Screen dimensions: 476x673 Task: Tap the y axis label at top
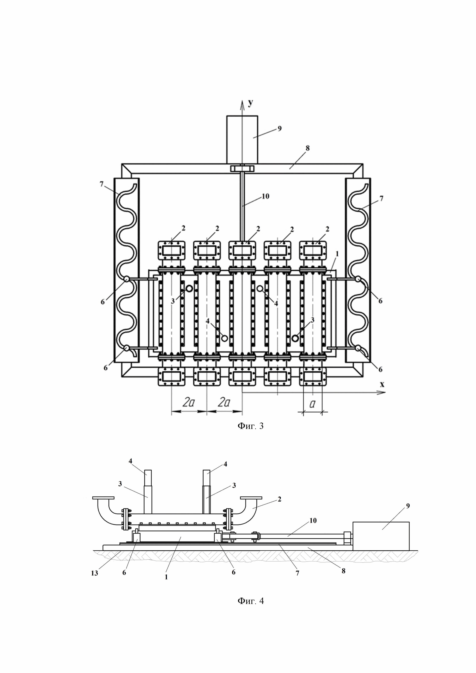pyautogui.click(x=251, y=103)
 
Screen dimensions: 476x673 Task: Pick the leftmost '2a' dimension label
pyautogui.click(x=188, y=402)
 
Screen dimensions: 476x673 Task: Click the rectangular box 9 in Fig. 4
pyautogui.click(x=381, y=536)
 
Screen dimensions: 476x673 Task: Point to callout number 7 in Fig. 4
pyautogui.click(x=297, y=573)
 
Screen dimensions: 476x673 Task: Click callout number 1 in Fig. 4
pyautogui.click(x=166, y=577)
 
